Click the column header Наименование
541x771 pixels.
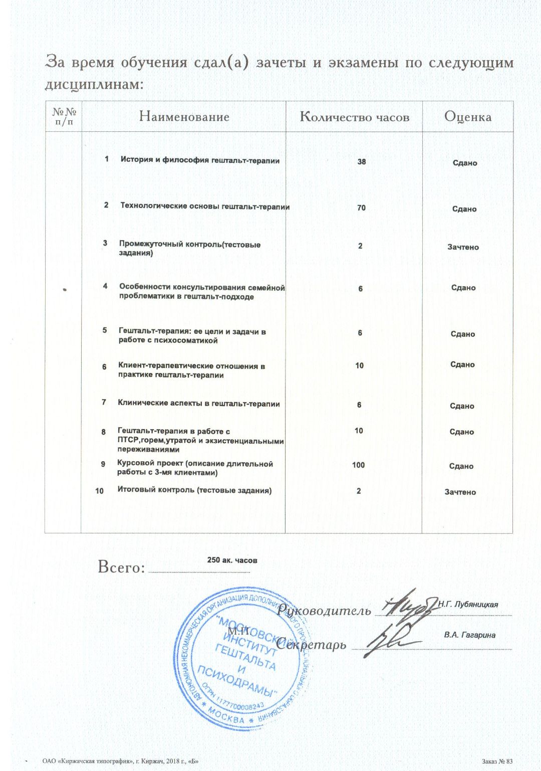pos(184,117)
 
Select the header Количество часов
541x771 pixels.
pos(354,117)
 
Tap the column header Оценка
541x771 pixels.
pos(467,117)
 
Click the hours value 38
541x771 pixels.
pos(361,162)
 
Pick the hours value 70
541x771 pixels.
pos(361,208)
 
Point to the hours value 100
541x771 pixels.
pos(358,465)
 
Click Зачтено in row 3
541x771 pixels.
pos(463,247)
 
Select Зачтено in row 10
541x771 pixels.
pos(460,492)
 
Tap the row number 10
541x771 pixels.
pos(99,491)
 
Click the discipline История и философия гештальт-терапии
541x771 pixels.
pos(200,160)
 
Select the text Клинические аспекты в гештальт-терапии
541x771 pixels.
pos(198,404)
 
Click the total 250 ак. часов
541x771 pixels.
pos(232,560)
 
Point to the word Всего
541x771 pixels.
pos(121,567)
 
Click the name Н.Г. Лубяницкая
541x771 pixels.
pos(468,605)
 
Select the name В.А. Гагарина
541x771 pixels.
pos(469,635)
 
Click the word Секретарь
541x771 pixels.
pos(311,645)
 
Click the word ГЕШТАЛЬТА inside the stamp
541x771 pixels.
pos(245,657)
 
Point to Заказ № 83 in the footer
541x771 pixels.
pos(497,761)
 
